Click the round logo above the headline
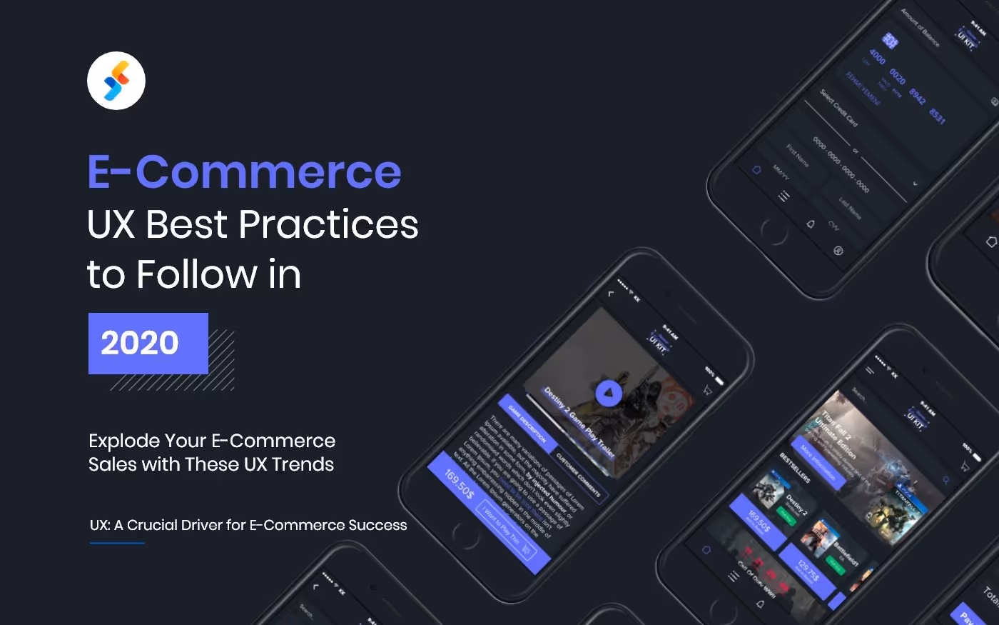[x=116, y=81]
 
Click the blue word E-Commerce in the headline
[x=244, y=172]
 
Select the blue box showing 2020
[x=148, y=343]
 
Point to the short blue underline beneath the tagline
[x=117, y=544]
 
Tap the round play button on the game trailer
[x=609, y=393]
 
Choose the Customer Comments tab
[x=579, y=475]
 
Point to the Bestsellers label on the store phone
[x=795, y=467]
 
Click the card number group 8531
[x=938, y=116]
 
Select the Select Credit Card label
[x=838, y=107]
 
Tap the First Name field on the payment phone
[x=798, y=156]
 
